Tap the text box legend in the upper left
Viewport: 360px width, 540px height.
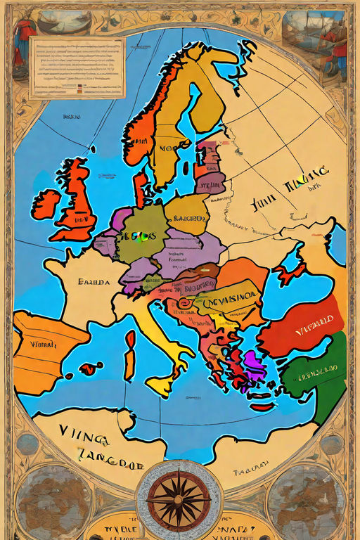click(x=77, y=67)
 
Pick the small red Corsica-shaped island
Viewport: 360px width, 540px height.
click(x=130, y=339)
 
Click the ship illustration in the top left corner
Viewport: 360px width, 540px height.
click(x=60, y=21)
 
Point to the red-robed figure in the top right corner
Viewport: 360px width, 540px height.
click(x=340, y=46)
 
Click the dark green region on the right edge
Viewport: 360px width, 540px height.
click(x=330, y=373)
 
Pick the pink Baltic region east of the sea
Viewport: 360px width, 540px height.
click(x=209, y=169)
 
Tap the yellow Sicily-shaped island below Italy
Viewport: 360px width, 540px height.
click(x=161, y=385)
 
